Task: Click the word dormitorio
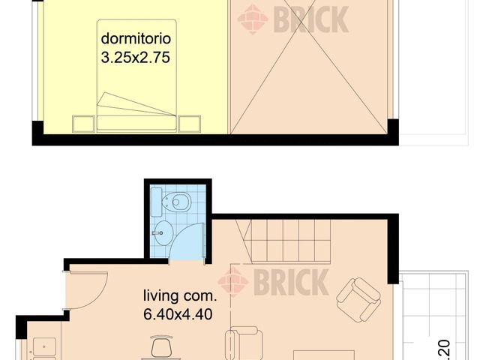pyautogui.click(x=136, y=37)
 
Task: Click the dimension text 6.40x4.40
pyautogui.click(x=177, y=313)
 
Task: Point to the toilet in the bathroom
pyautogui.click(x=178, y=202)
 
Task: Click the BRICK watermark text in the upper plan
pyautogui.click(x=310, y=19)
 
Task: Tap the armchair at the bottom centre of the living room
pyautogui.click(x=244, y=343)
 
